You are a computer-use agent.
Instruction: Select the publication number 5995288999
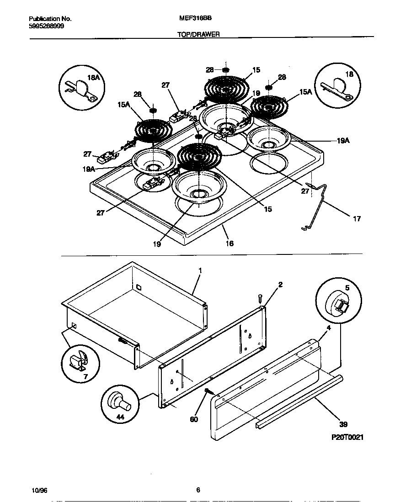coord(46,26)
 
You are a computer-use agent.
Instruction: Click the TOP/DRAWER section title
coord(197,34)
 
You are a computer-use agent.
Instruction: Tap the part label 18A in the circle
coord(94,78)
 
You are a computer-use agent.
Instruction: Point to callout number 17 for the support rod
coord(357,219)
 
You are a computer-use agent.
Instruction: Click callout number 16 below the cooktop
coord(230,243)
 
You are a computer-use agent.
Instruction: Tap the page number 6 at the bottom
coord(198,490)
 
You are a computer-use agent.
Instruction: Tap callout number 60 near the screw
coord(194,419)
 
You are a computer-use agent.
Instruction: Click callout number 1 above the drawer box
coord(199,270)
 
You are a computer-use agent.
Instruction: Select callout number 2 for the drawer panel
coord(280,285)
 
